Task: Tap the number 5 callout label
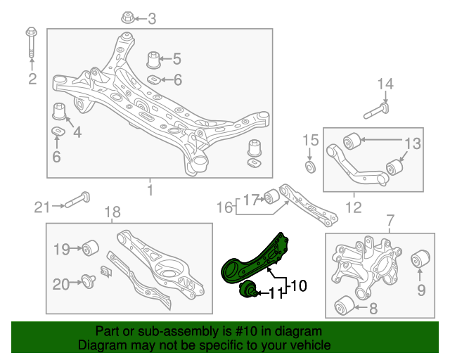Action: tap(176, 59)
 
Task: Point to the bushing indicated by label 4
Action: tap(60, 112)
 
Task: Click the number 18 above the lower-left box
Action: tap(112, 212)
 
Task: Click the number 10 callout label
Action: tap(298, 286)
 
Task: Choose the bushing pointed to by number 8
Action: tap(342, 307)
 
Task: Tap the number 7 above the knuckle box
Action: tap(389, 223)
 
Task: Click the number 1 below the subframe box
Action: tap(149, 190)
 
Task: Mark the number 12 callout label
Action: tap(353, 207)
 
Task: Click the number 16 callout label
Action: tap(224, 207)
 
